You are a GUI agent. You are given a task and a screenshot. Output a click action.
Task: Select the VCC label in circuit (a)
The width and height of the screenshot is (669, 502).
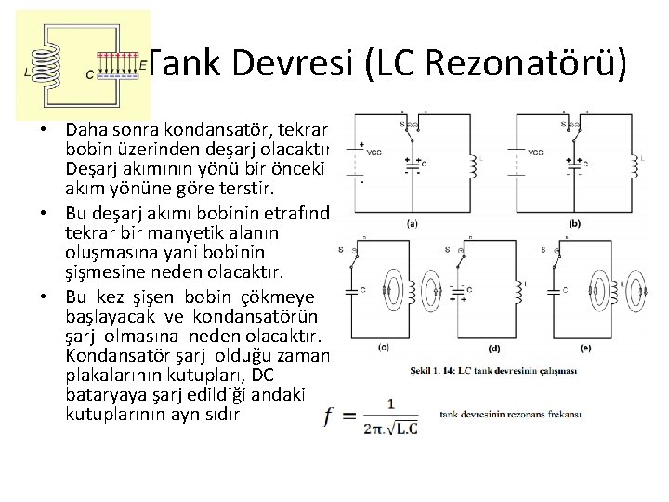pyautogui.click(x=374, y=152)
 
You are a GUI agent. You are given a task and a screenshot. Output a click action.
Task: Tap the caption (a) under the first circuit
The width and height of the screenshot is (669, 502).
pyautogui.click(x=411, y=224)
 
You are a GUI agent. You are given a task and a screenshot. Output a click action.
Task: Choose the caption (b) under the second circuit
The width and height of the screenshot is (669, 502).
pyautogui.click(x=574, y=224)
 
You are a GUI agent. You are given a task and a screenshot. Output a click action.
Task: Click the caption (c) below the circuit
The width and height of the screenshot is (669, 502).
pyautogui.click(x=384, y=348)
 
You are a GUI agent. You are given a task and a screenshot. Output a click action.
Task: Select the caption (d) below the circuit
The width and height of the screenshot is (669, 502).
pyautogui.click(x=492, y=349)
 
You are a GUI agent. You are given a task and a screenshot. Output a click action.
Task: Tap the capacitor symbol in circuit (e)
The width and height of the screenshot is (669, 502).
pyautogui.click(x=563, y=290)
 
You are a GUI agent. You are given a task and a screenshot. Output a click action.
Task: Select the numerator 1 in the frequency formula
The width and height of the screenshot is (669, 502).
pyautogui.click(x=391, y=403)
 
